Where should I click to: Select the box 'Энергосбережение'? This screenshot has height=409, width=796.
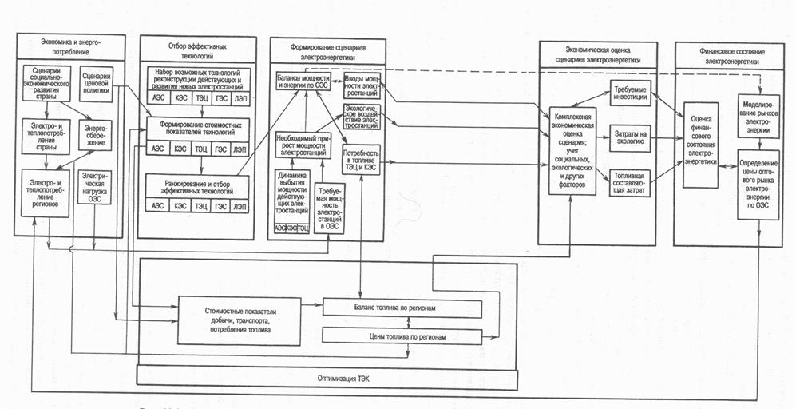(98, 133)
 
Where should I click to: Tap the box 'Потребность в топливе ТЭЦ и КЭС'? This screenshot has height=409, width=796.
(360, 161)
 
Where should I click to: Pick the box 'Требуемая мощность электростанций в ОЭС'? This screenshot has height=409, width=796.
(330, 209)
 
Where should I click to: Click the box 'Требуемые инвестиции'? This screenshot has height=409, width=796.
(632, 92)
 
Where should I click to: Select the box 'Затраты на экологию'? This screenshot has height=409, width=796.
(632, 137)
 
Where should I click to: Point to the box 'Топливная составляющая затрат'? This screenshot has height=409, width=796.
(632, 182)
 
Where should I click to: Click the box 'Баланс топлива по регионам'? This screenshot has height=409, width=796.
(402, 308)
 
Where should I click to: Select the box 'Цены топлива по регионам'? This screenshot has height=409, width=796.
(402, 336)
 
